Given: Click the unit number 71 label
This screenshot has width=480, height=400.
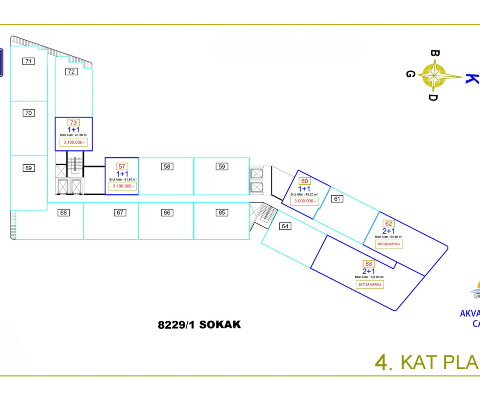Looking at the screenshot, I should coord(28,61).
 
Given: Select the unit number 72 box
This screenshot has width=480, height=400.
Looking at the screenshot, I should coord(71,72).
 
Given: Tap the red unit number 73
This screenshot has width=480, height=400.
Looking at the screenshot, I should coord(74,123).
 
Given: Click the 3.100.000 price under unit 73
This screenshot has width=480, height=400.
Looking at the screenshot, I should coord(74,142).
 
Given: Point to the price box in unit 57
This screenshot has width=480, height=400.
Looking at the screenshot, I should coord(122,186).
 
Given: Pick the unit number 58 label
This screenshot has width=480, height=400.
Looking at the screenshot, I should coord(167,166).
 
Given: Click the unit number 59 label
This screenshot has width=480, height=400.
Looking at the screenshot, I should coord(222,166).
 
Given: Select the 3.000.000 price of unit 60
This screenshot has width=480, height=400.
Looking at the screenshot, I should coord(305,201).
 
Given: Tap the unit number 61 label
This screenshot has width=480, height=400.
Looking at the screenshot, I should coord(338,198).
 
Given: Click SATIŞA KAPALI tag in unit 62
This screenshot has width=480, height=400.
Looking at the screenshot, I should coord(388,244).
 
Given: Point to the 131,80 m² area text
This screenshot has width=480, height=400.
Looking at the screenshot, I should coord(369,277).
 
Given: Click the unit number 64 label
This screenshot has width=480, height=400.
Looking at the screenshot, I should coord(285,226).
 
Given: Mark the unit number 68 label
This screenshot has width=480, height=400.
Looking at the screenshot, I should coord(63,212).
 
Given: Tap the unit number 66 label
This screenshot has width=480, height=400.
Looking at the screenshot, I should coord(167,212).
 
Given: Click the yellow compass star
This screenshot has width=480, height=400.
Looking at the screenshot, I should coord(434,74).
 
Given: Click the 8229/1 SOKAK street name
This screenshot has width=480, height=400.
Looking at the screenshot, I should coord(200,324).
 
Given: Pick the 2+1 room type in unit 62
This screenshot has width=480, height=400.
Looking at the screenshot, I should coord(388,231).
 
